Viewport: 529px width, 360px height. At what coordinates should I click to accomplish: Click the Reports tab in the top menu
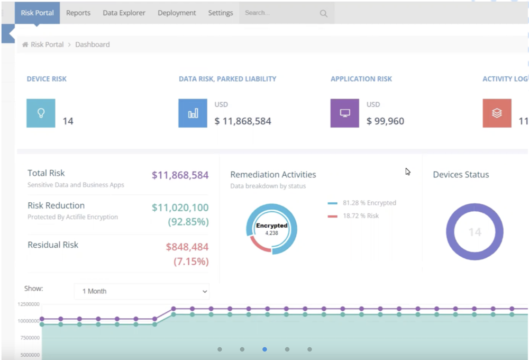(x=78, y=13)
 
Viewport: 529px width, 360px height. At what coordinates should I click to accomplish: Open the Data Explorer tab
(x=124, y=13)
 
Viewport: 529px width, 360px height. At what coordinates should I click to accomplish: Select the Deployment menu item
(x=177, y=13)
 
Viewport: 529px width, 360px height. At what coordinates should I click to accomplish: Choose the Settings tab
(x=221, y=13)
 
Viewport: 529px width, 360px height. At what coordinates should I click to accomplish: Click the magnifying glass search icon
(x=324, y=14)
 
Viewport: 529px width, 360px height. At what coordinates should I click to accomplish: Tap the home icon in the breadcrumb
(x=25, y=44)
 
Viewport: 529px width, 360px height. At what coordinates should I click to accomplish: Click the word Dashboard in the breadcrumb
(x=93, y=44)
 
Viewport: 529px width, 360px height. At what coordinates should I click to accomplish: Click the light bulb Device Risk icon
(x=41, y=113)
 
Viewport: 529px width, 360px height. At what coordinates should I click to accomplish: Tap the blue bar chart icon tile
(x=193, y=113)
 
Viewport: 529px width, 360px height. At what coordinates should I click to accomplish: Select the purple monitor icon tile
(x=345, y=113)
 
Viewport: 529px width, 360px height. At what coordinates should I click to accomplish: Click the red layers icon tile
(x=497, y=113)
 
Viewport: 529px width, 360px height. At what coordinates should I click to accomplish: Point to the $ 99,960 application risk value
(x=385, y=121)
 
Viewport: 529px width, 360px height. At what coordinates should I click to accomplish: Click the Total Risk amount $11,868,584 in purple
(x=180, y=175)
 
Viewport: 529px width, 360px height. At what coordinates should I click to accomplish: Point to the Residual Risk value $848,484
(x=187, y=247)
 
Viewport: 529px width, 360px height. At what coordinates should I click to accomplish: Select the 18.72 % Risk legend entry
(x=360, y=216)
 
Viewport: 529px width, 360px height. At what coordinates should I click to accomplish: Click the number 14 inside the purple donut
(x=475, y=232)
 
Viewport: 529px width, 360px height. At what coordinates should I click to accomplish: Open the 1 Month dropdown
(x=142, y=291)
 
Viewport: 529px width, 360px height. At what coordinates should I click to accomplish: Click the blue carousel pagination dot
(x=264, y=349)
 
